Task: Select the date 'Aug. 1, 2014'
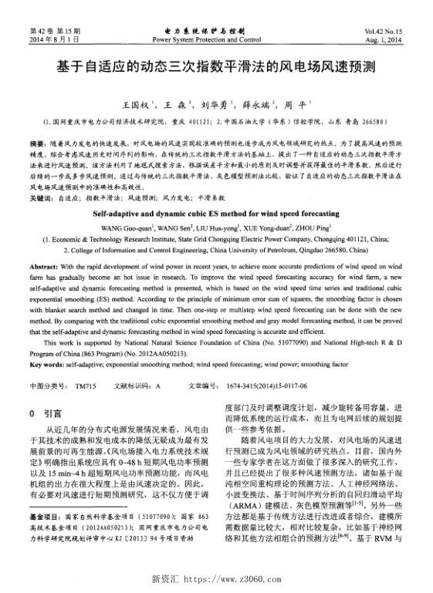click(x=394, y=38)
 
